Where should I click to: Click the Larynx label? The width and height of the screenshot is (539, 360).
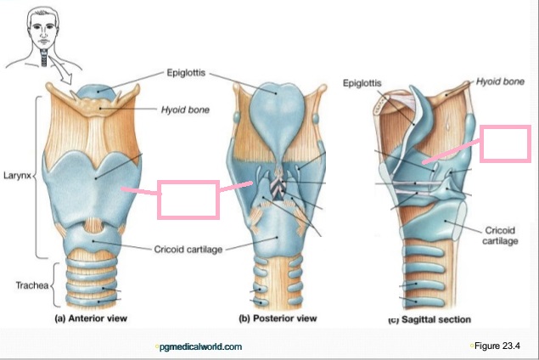17,176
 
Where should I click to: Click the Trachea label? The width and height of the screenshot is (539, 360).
32,285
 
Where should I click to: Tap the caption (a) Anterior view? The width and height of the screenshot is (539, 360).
91,318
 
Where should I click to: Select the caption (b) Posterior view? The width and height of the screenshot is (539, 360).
278,318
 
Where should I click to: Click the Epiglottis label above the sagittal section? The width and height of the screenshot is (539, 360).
362,83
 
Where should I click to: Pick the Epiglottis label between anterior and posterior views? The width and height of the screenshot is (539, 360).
186,73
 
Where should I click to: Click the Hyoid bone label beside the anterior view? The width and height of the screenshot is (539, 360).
185,110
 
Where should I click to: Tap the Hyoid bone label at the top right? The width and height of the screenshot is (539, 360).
500,82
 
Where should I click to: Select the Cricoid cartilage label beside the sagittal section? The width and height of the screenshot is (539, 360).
500,235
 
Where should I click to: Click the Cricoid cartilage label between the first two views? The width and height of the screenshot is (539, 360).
188,250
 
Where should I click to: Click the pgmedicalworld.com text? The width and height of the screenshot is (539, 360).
201,346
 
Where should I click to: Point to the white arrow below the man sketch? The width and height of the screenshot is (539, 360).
62,71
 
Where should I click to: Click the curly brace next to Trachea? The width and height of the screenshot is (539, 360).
55,285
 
